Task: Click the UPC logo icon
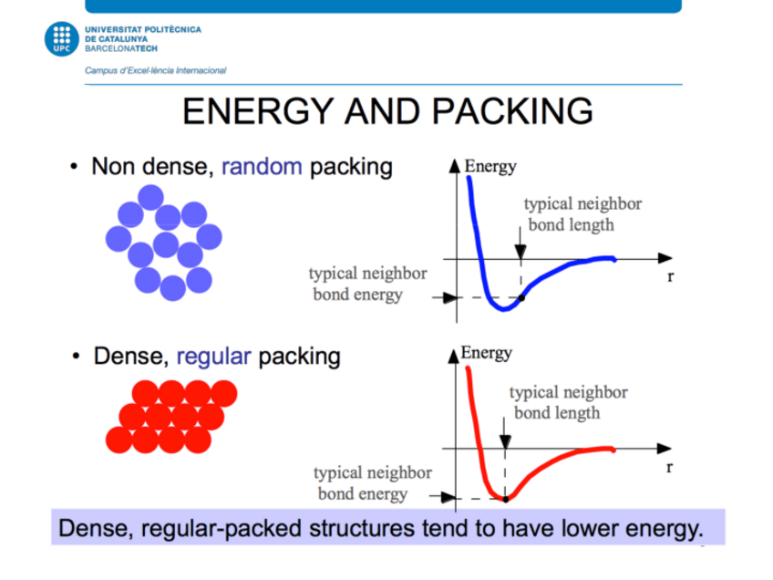point(62,39)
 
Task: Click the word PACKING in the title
point(512,111)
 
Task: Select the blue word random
point(261,167)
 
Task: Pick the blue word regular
point(213,356)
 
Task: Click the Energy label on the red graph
point(487,354)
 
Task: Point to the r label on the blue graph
point(670,276)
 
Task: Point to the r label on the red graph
point(669,467)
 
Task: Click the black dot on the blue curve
point(520,297)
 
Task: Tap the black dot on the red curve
point(505,498)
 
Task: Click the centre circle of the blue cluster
point(165,244)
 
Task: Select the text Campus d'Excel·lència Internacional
point(155,70)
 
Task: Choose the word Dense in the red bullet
point(122,356)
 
